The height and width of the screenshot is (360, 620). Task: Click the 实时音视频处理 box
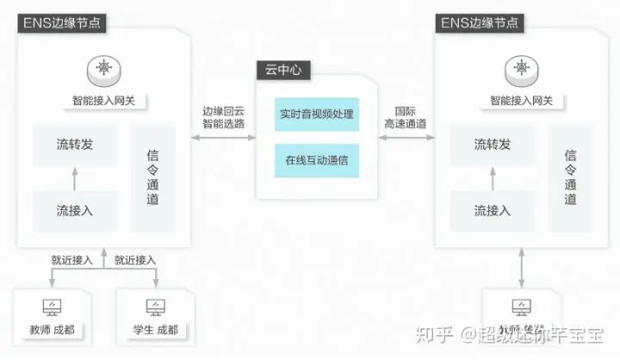click(x=316, y=114)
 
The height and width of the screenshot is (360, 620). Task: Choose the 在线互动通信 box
click(x=316, y=159)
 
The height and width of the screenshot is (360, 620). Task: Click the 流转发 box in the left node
click(x=75, y=144)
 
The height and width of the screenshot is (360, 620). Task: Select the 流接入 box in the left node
click(x=75, y=209)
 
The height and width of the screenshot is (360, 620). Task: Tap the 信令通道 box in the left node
click(x=153, y=177)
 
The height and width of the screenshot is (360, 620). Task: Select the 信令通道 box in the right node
click(x=569, y=177)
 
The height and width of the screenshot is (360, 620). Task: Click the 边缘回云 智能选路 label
click(x=223, y=117)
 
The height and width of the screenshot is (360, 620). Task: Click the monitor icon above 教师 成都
click(x=53, y=307)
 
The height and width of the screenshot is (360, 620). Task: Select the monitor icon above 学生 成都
click(x=156, y=307)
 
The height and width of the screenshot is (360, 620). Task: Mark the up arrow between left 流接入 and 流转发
click(x=75, y=177)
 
